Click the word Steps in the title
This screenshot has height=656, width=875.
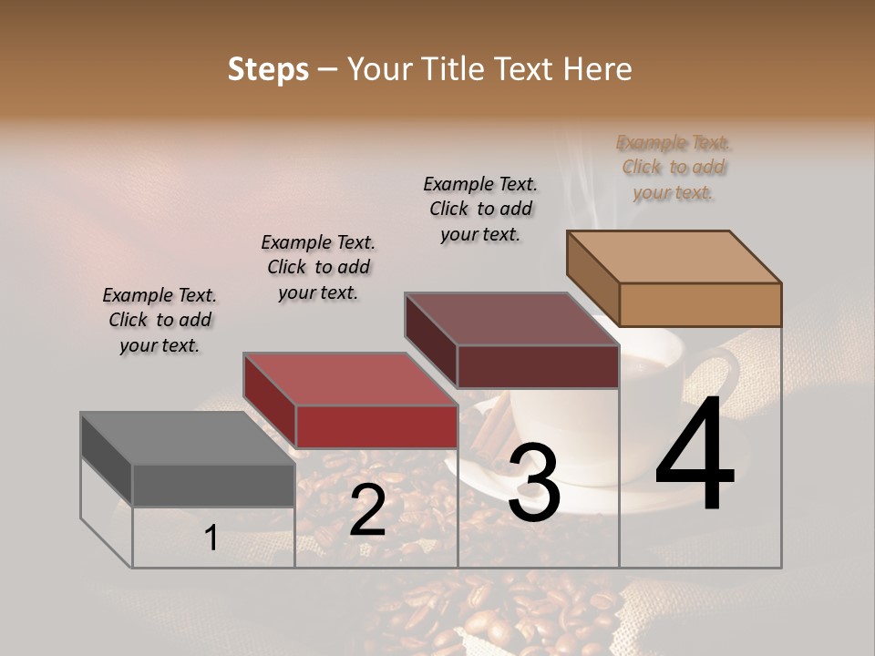pyautogui.click(x=268, y=69)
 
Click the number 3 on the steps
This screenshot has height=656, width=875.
pyautogui.click(x=534, y=483)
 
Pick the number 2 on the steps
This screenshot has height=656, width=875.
pyautogui.click(x=367, y=510)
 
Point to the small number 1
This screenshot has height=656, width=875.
pyautogui.click(x=211, y=538)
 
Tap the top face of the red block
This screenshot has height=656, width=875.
pyautogui.click(x=349, y=379)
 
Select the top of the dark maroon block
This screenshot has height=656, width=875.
pyautogui.click(x=511, y=320)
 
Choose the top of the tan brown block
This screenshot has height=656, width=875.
pyautogui.click(x=674, y=256)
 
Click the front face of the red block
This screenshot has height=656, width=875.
pyautogui.click(x=376, y=426)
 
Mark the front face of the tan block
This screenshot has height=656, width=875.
pyautogui.click(x=700, y=304)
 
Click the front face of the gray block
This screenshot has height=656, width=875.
pyautogui.click(x=213, y=485)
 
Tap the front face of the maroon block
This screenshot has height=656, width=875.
pyautogui.click(x=538, y=366)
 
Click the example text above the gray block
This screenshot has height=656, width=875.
pyautogui.click(x=160, y=321)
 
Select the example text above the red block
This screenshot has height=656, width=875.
pyautogui.click(x=318, y=267)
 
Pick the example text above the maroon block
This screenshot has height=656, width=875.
pyautogui.click(x=480, y=209)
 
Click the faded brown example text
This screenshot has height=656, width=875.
pyautogui.click(x=674, y=167)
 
